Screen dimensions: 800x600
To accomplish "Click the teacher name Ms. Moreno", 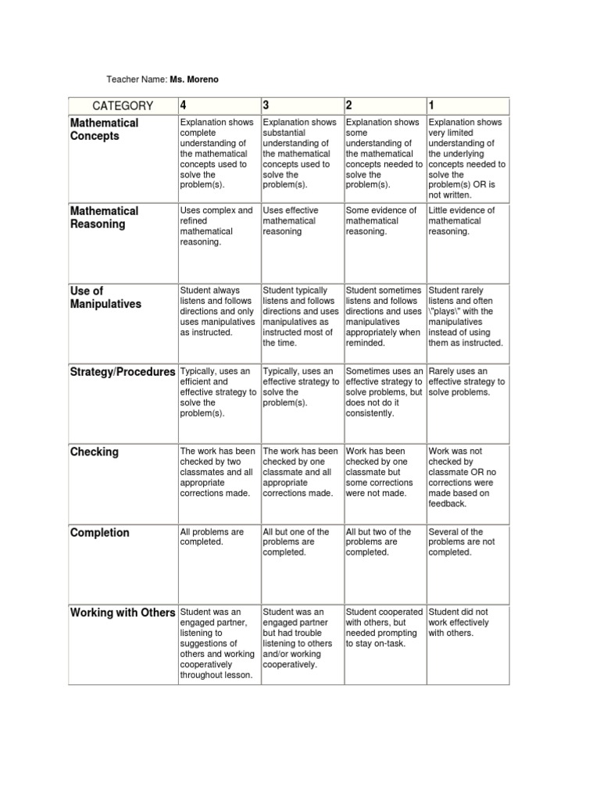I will pos(200,80).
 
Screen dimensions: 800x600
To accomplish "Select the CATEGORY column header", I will pos(123,106).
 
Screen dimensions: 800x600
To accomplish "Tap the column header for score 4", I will pos(184,106).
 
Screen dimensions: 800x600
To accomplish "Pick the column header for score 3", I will pos(267,106).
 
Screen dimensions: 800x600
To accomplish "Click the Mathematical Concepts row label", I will pos(104,129).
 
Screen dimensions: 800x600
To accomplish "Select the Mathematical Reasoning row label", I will pos(104,217).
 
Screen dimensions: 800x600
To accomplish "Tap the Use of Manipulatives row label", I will pos(105,298).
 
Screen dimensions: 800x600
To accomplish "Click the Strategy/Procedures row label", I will pos(123,372).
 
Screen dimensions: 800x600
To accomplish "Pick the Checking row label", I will pos(95,452).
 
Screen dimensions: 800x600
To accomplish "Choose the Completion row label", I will pos(99,533).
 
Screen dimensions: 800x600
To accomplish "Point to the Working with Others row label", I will pos(123,612).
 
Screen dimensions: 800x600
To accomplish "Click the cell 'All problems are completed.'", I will pos(212,537).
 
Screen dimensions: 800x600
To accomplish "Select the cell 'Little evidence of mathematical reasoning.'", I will pos(462,221).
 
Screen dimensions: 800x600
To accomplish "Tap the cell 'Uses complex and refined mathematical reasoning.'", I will pos(216,226).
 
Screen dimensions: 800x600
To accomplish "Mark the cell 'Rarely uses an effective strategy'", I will pos(466,381).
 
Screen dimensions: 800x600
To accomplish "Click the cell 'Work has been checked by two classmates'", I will pos(216,472).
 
